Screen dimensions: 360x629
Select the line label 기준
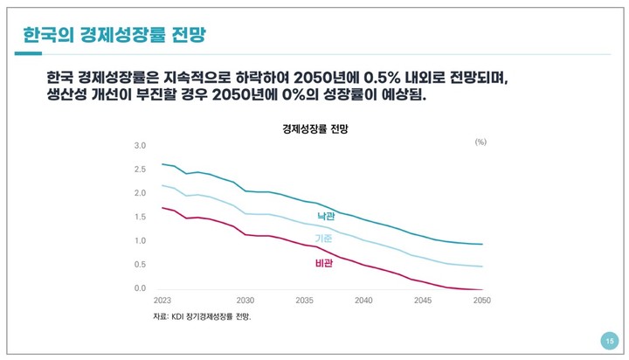click(324, 238)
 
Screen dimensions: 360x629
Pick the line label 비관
click(324, 262)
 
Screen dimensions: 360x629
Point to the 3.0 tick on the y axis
click(140, 145)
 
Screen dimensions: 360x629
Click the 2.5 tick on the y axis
click(140, 170)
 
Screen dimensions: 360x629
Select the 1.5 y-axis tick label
click(140, 217)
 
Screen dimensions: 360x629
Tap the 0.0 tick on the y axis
click(140, 288)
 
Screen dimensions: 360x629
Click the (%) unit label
click(480, 142)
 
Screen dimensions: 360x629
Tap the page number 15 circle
click(610, 340)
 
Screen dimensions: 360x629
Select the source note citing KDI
click(202, 315)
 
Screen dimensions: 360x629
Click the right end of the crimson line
click(483, 289)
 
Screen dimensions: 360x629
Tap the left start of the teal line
click(162, 164)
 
